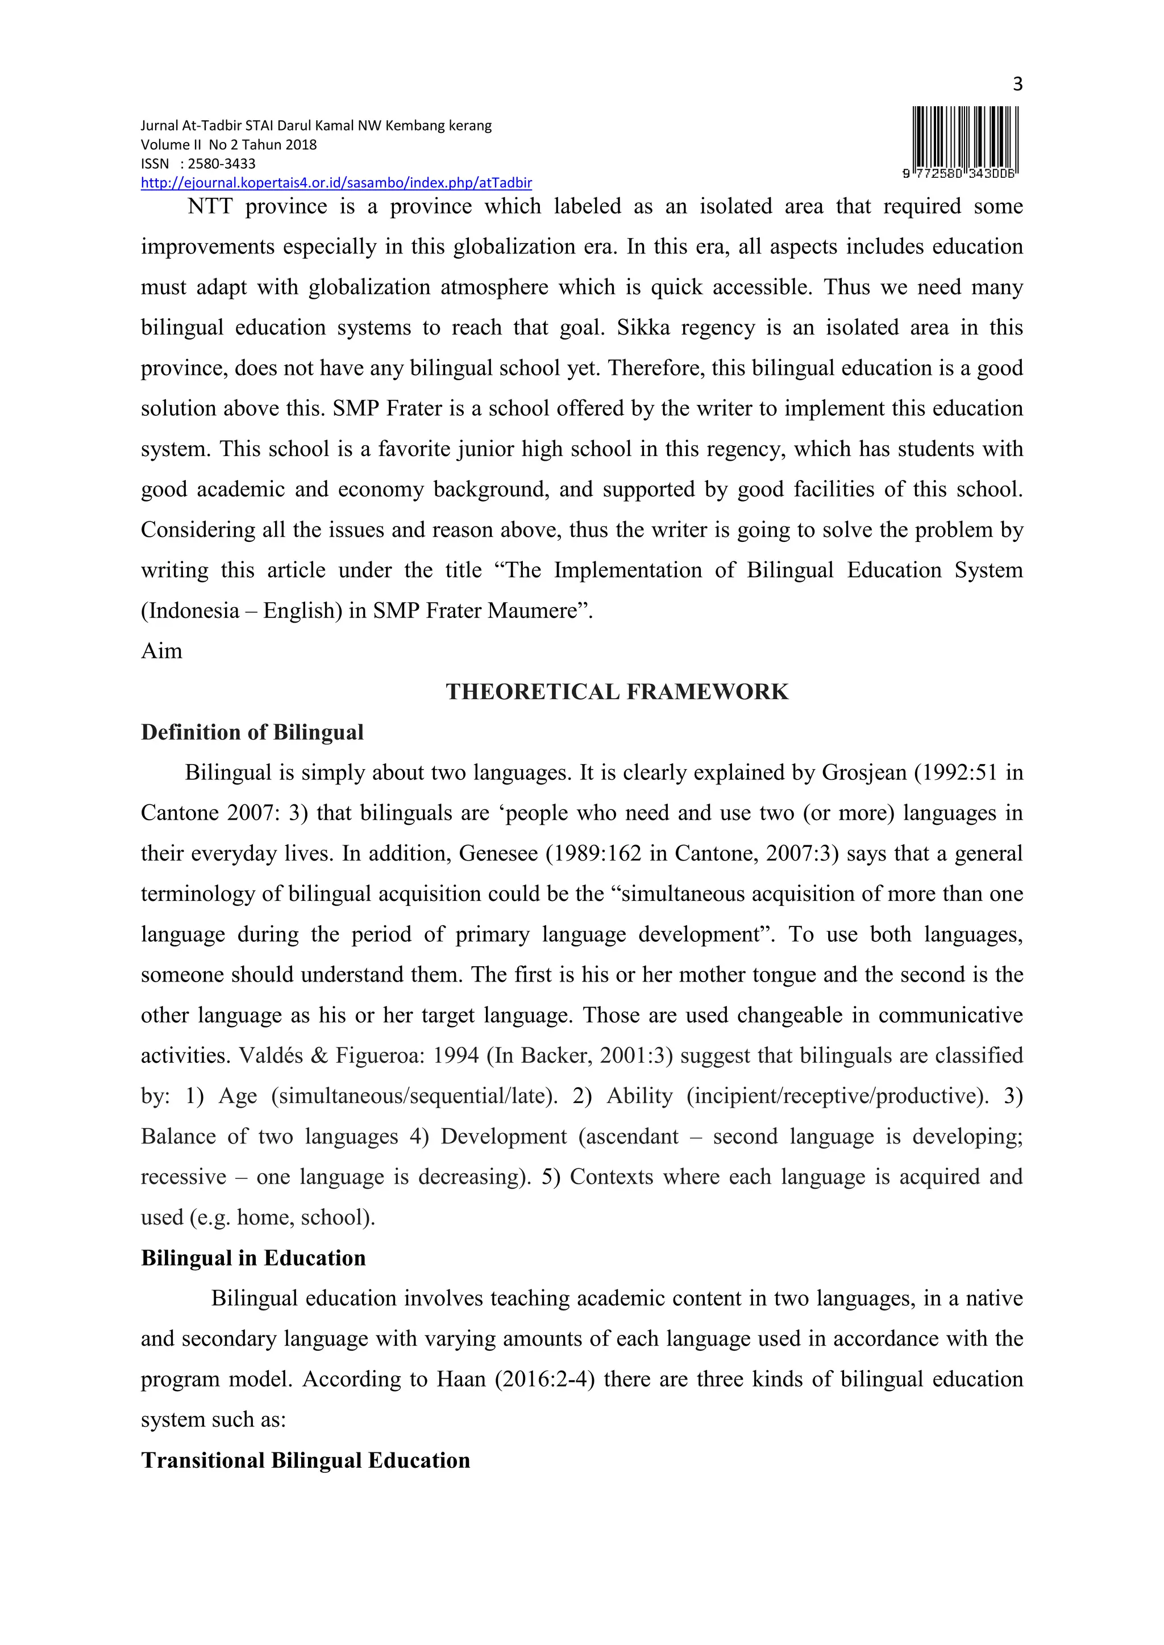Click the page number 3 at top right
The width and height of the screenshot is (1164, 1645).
[x=1017, y=85]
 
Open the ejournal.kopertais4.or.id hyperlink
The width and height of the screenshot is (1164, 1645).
[x=336, y=183]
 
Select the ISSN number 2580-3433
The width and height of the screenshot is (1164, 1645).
[x=222, y=164]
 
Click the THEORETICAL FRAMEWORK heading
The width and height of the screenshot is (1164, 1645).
[x=617, y=691]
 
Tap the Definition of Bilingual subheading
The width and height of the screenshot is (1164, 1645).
[x=252, y=732]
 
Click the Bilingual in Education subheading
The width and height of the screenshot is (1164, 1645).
[x=253, y=1258]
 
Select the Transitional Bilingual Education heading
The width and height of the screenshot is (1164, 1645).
[x=305, y=1460]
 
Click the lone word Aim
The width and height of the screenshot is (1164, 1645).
[x=161, y=652]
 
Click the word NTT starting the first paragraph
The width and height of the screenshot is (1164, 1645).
[x=209, y=206]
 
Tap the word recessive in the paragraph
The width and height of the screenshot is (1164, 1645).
[x=183, y=1177]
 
